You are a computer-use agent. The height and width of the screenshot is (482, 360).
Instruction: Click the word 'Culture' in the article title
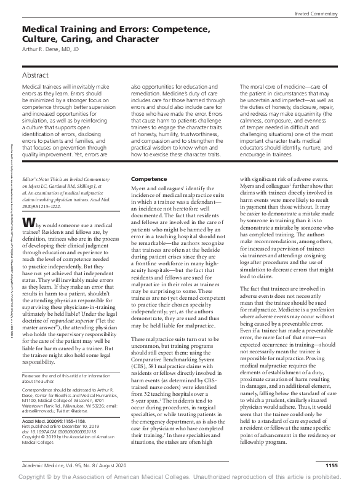tap(43, 39)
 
